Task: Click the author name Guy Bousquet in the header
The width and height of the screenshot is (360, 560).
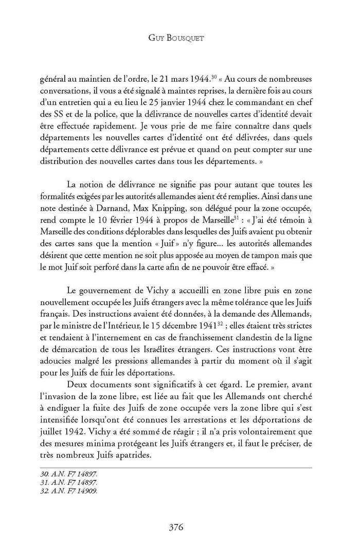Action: click(179, 37)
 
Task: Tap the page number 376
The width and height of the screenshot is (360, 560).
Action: click(179, 527)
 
